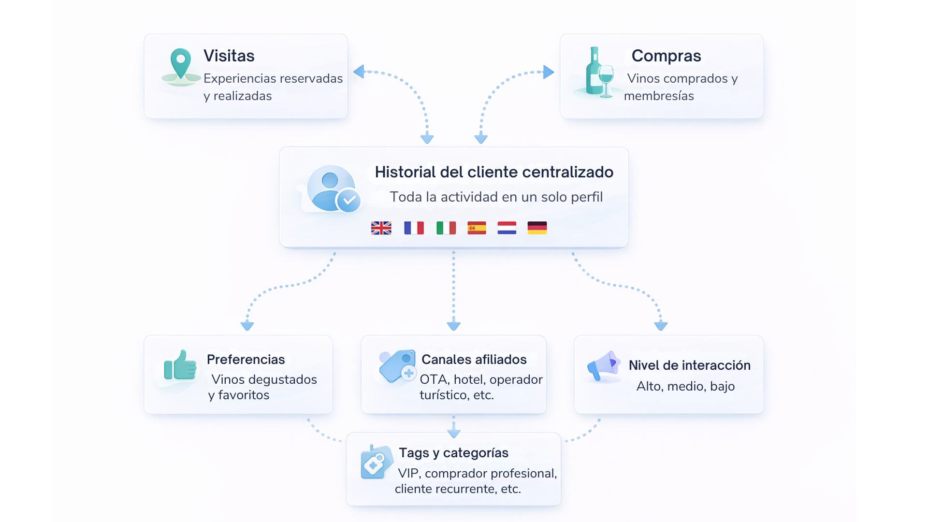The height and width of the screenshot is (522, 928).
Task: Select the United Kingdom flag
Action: (x=381, y=228)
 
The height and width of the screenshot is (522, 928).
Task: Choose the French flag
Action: (x=414, y=228)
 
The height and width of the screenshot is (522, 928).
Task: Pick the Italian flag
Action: (x=446, y=228)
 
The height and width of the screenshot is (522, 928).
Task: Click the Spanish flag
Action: (x=477, y=228)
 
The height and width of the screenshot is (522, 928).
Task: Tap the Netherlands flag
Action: (x=507, y=228)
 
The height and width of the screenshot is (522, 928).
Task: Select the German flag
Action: (x=537, y=228)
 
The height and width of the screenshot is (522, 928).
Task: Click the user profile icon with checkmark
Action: (x=333, y=189)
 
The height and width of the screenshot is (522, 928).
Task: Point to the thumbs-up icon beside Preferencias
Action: (x=180, y=365)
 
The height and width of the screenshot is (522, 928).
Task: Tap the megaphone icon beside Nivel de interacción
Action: (x=603, y=366)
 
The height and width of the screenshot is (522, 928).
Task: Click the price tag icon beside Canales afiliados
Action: (x=398, y=366)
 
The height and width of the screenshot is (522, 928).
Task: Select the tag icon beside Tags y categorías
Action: (x=376, y=462)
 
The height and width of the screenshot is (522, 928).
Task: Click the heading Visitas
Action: (x=229, y=56)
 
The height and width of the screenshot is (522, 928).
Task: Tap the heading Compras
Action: (x=666, y=56)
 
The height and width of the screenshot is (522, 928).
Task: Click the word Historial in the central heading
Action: (x=405, y=172)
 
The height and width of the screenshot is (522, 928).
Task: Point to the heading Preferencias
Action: (x=246, y=360)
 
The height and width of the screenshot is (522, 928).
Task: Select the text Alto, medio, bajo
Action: (x=685, y=386)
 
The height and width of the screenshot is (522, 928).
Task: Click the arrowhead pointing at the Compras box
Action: (x=549, y=72)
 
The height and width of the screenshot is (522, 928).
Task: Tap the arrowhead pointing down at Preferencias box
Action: (x=247, y=325)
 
